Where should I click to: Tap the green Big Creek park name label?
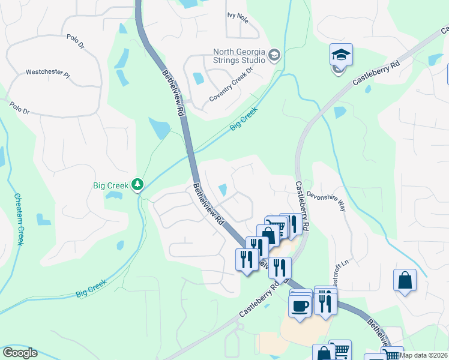(x=110, y=186)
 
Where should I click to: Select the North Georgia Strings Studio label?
(x=239, y=56)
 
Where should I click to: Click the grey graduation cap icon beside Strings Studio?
(x=274, y=55)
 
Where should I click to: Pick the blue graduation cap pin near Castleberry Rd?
(x=341, y=56)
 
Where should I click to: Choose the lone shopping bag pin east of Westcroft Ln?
(x=405, y=280)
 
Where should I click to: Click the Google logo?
(x=19, y=353)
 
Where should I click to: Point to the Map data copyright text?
(x=423, y=355)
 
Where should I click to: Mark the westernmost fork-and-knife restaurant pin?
(x=246, y=260)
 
